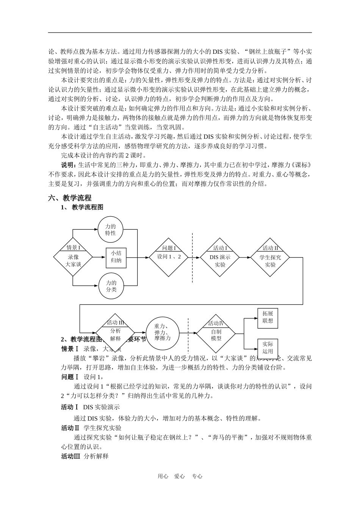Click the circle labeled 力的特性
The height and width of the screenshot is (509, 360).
coord(111,230)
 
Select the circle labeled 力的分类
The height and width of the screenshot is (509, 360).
coord(111,286)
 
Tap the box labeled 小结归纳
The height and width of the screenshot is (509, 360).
coord(116,257)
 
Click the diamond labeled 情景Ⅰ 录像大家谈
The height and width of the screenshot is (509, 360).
coord(73,257)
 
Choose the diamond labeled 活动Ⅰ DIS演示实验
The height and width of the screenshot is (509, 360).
coord(220,257)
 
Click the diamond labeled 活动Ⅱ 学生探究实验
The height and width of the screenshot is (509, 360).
coord(270,257)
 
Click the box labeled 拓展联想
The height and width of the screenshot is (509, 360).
coord(268,317)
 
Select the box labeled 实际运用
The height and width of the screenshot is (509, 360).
coord(268,347)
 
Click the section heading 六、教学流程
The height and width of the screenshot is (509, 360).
coord(70,198)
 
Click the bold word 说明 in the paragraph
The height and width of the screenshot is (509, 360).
coord(68,165)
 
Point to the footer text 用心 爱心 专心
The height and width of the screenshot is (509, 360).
coord(180,476)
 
